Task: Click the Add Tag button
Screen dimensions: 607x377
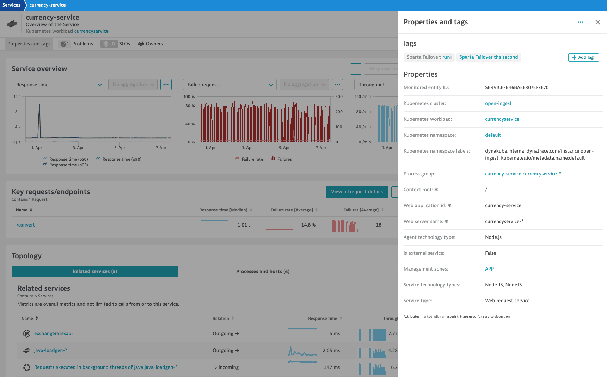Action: pyautogui.click(x=583, y=57)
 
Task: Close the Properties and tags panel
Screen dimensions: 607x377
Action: pyautogui.click(x=597, y=22)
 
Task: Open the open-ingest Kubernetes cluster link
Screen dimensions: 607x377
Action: pyautogui.click(x=498, y=103)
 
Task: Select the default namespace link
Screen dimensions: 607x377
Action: pyautogui.click(x=493, y=135)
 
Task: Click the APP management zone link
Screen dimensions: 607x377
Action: pyautogui.click(x=489, y=269)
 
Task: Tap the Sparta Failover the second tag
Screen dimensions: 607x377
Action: pyautogui.click(x=489, y=57)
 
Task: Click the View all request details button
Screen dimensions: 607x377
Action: pyautogui.click(x=357, y=192)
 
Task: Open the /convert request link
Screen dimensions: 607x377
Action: pyautogui.click(x=26, y=225)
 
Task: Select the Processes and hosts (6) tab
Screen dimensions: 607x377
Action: pyautogui.click(x=263, y=271)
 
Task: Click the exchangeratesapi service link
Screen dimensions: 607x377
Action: pyautogui.click(x=53, y=333)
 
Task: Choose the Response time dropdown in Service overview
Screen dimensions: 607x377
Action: pyautogui.click(x=59, y=85)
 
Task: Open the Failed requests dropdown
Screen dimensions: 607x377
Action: pyautogui.click(x=230, y=85)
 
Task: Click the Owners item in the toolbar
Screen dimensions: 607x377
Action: pyautogui.click(x=151, y=44)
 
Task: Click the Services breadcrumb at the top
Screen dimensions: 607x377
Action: pyautogui.click(x=11, y=5)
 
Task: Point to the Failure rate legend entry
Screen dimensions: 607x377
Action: pyautogui.click(x=249, y=159)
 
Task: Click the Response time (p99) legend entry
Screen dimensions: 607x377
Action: pyautogui.click(x=65, y=165)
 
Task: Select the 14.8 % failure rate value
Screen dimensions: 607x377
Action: pyautogui.click(x=308, y=225)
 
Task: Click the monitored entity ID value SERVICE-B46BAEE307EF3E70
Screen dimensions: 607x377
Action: pyautogui.click(x=517, y=87)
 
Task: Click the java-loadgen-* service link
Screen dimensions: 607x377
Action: pyautogui.click(x=50, y=350)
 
